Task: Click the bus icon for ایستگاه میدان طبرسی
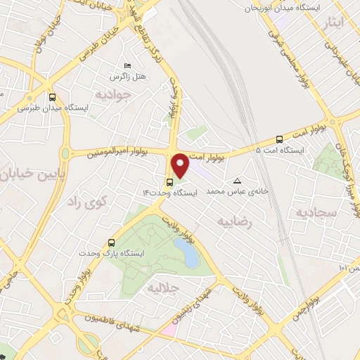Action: (53, 98)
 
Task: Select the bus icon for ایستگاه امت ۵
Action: (280, 139)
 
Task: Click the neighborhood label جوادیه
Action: (114, 94)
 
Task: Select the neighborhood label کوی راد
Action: (84, 203)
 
